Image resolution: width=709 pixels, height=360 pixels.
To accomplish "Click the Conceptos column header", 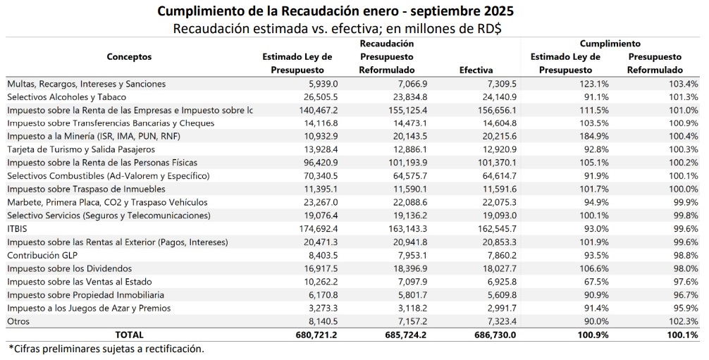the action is [129, 57].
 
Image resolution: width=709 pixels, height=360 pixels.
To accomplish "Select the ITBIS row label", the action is [17, 229].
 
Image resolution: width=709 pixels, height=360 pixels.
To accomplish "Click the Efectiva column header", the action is [476, 70].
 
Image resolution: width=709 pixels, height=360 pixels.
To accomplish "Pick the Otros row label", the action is [18, 321].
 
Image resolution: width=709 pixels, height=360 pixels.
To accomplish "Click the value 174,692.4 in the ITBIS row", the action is [317, 229].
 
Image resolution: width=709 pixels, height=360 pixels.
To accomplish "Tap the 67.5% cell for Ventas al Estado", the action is [595, 282].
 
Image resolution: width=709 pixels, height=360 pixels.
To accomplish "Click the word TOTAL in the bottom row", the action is [129, 335].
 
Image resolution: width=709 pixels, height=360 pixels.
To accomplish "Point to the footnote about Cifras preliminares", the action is [106, 349].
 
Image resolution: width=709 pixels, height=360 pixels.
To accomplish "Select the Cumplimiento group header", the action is [610, 44].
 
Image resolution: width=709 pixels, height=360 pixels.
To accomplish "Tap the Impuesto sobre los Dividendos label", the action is [70, 268].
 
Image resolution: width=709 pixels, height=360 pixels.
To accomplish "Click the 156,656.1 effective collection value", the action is [495, 110].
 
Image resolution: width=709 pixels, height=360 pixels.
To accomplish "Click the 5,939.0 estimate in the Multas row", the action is [321, 84].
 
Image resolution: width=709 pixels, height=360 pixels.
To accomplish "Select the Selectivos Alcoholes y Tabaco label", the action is [67, 97].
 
